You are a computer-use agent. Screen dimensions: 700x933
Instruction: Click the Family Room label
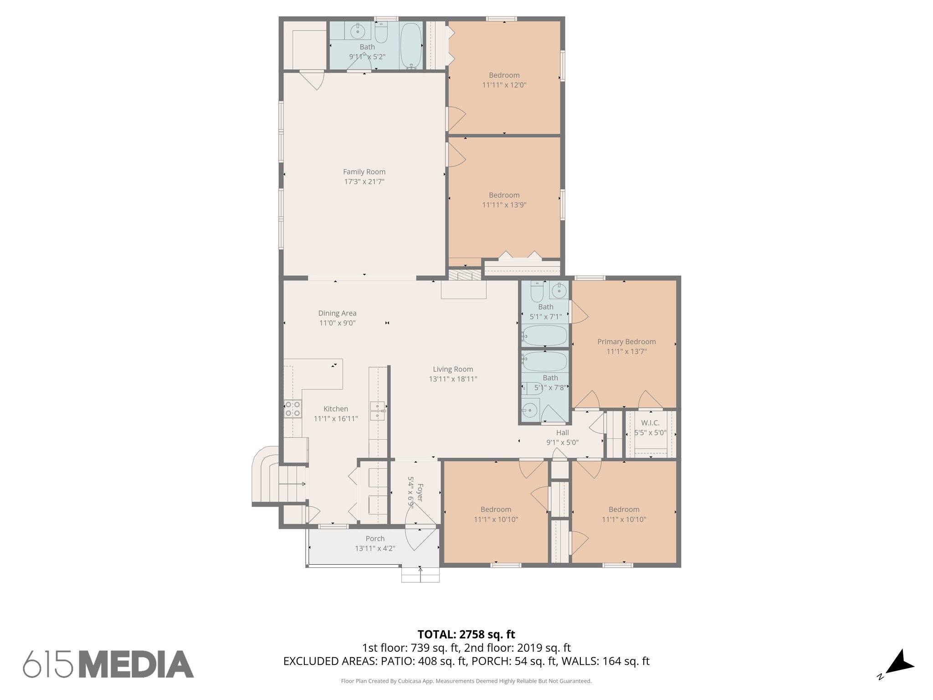coord(364,172)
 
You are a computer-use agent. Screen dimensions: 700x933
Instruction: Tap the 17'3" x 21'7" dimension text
coord(364,182)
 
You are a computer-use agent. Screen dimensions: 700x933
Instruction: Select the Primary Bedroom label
coord(626,342)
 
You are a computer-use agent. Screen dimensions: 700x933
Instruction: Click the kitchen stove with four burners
coord(292,409)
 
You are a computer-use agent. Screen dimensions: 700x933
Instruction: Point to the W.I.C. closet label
coord(650,423)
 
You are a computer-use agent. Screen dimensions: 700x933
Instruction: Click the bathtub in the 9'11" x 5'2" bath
coord(411,46)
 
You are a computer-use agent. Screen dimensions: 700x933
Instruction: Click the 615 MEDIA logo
coord(108,664)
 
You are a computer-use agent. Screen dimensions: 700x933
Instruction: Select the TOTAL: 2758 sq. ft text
coord(466,634)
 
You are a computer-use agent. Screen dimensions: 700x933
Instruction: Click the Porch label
coord(375,539)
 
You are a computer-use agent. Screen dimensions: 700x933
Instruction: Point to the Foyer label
coord(420,493)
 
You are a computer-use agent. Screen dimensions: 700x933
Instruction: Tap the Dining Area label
coord(337,313)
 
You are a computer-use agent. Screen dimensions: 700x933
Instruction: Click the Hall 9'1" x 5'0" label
coord(562,437)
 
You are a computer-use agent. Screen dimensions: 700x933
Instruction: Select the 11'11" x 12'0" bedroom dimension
coord(504,85)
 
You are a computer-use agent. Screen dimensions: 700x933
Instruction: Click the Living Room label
coord(453,369)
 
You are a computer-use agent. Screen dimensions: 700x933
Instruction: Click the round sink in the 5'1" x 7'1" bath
coord(559,289)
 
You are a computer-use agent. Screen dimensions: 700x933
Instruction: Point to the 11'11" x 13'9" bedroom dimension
coord(504,205)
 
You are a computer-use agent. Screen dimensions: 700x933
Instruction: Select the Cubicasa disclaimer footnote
coord(466,681)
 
